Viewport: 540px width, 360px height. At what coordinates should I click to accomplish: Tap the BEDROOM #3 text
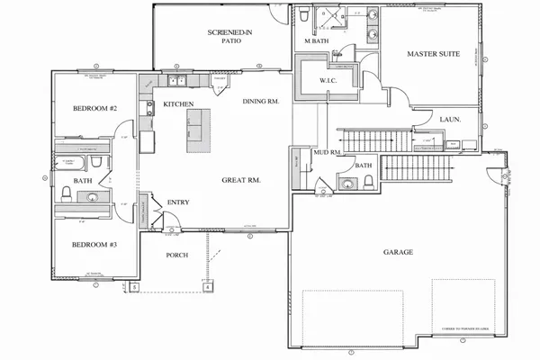pos(93,244)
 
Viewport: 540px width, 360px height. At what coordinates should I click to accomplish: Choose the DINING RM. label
pos(262,102)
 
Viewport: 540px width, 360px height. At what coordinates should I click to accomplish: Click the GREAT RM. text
pos(241,180)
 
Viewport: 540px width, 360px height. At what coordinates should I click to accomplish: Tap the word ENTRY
pos(177,202)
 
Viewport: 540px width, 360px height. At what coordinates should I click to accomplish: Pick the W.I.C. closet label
pos(328,80)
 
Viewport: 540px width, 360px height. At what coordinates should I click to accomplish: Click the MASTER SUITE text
pos(434,55)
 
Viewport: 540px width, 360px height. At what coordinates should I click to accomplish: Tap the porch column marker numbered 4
pos(208,288)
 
